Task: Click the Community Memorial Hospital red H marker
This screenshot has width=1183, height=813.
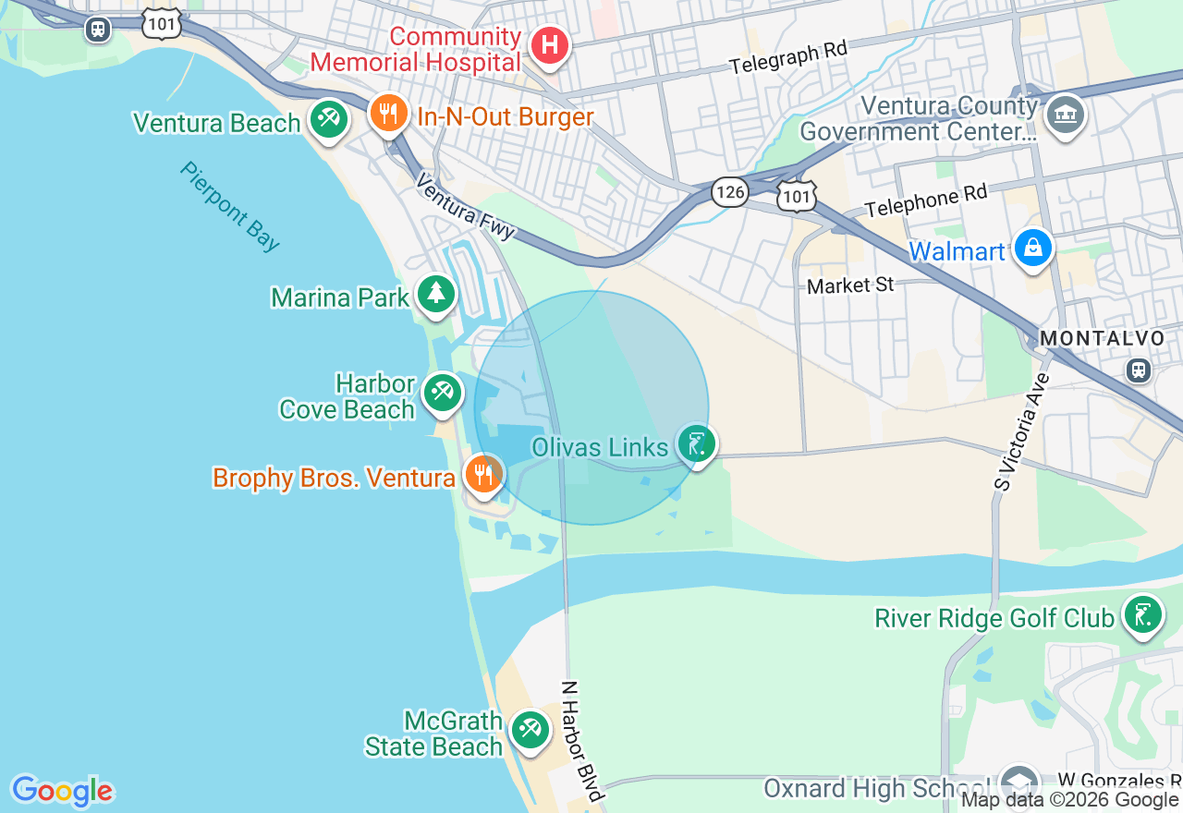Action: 549,45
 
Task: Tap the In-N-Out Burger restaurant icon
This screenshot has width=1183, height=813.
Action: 389,114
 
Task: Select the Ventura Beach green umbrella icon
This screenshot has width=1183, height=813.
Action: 327,119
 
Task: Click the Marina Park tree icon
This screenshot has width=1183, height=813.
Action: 435,295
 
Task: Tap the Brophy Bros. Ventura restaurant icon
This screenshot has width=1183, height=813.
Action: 482,475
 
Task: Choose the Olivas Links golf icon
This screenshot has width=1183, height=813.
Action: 696,444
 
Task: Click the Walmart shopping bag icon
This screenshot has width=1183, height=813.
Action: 1032,249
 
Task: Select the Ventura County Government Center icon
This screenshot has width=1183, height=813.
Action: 1066,115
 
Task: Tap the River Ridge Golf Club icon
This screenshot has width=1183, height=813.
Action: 1142,614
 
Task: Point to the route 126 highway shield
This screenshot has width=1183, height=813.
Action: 730,192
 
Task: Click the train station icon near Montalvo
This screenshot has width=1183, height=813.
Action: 1139,370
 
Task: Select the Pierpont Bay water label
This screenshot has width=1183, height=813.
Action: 230,207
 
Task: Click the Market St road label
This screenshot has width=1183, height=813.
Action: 850,285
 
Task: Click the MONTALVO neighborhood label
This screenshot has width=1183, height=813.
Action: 1102,339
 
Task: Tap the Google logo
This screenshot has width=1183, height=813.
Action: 62,791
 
